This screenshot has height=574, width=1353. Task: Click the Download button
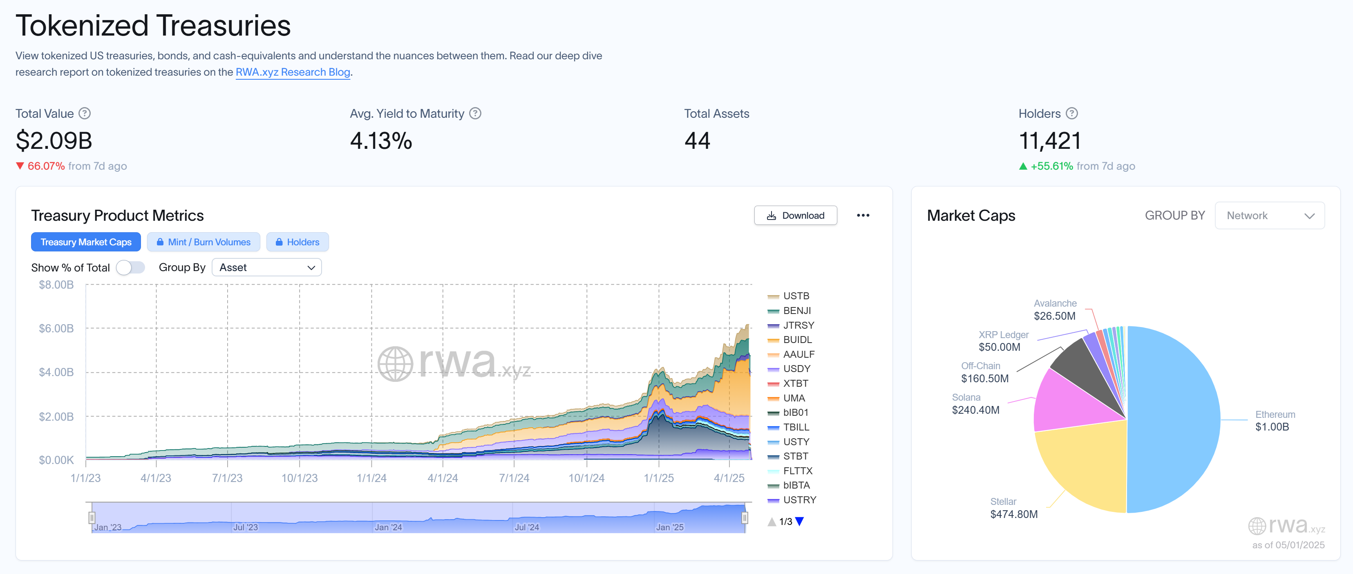795,215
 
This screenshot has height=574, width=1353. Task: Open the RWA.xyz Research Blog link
293,72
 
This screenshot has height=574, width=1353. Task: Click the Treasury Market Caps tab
86,242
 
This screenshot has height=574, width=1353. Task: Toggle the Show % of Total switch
130,267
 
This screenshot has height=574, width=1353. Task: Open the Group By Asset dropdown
266,267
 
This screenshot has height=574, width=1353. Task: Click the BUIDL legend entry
797,340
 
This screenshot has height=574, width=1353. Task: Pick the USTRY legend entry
799,500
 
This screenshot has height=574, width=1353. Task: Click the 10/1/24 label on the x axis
586,478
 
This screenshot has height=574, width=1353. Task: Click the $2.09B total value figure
54,141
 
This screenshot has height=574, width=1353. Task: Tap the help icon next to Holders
1072,114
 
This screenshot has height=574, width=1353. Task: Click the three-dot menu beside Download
863,215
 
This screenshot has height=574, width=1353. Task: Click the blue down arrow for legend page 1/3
799,521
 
